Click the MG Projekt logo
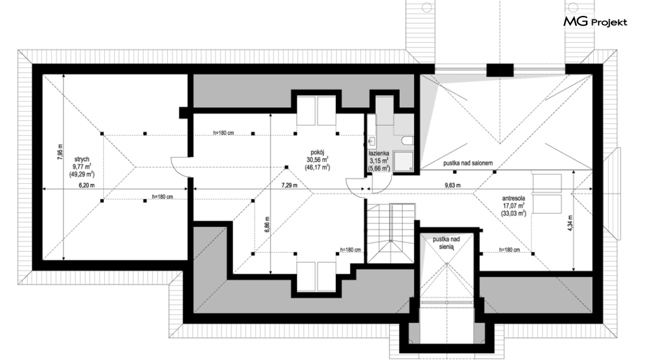tap(595, 21)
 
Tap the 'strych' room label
tap(82, 159)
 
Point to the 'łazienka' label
tap(379, 153)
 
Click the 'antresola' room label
tap(513, 198)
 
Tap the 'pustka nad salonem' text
tap(468, 163)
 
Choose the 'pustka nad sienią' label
tap(446, 243)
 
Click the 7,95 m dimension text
tap(60, 152)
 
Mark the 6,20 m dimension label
tap(87, 185)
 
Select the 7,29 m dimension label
tap(289, 185)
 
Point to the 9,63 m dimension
tap(453, 185)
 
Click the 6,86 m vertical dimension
tap(267, 225)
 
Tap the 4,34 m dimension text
tap(570, 223)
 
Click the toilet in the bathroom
tap(407, 142)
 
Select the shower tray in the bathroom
tap(403, 161)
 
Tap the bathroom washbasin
tap(372, 142)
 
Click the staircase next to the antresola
tap(391, 233)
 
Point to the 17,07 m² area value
tap(513, 206)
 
